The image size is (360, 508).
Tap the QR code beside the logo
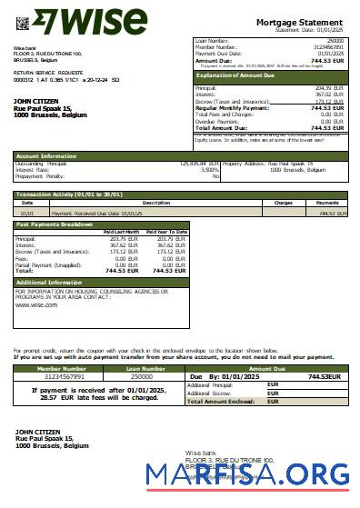click(23, 21)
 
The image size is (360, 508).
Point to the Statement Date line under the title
click(312, 30)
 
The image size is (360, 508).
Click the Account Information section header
click(46, 155)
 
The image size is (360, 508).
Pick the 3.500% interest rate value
click(208, 169)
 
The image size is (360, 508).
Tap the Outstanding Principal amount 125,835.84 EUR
click(194, 163)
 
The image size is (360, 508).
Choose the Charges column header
click(283, 202)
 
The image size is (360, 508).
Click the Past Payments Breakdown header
click(54, 223)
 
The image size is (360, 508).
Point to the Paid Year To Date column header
click(166, 233)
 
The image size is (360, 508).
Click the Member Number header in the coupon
click(60, 367)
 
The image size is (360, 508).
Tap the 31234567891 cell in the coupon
click(60, 375)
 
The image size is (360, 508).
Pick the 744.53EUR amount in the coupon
click(324, 375)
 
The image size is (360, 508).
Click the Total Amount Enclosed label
click(220, 400)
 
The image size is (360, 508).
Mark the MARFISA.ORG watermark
click(246, 473)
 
